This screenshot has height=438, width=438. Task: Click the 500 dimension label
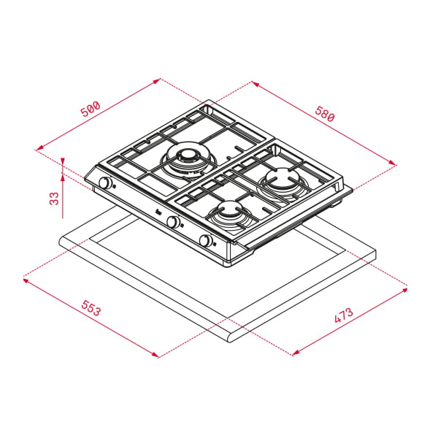tap(91, 110)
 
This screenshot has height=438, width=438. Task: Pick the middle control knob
tap(174, 222)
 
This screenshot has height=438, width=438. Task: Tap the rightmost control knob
tap(207, 241)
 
